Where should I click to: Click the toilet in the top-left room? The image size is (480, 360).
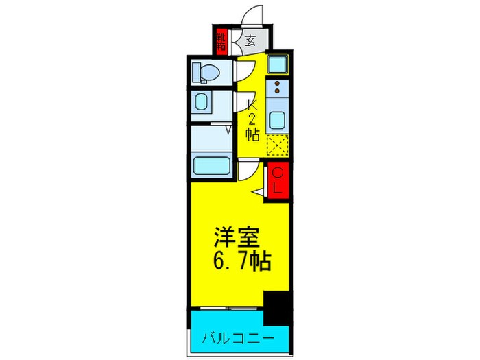tap(203, 71)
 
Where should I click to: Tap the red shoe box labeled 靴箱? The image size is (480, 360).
tap(221, 41)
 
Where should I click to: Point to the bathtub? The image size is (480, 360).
tap(212, 165)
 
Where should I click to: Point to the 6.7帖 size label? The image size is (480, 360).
tap(240, 261)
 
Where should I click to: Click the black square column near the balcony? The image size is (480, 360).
tap(277, 307)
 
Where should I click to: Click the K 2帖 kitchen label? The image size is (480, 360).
tap(252, 120)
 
